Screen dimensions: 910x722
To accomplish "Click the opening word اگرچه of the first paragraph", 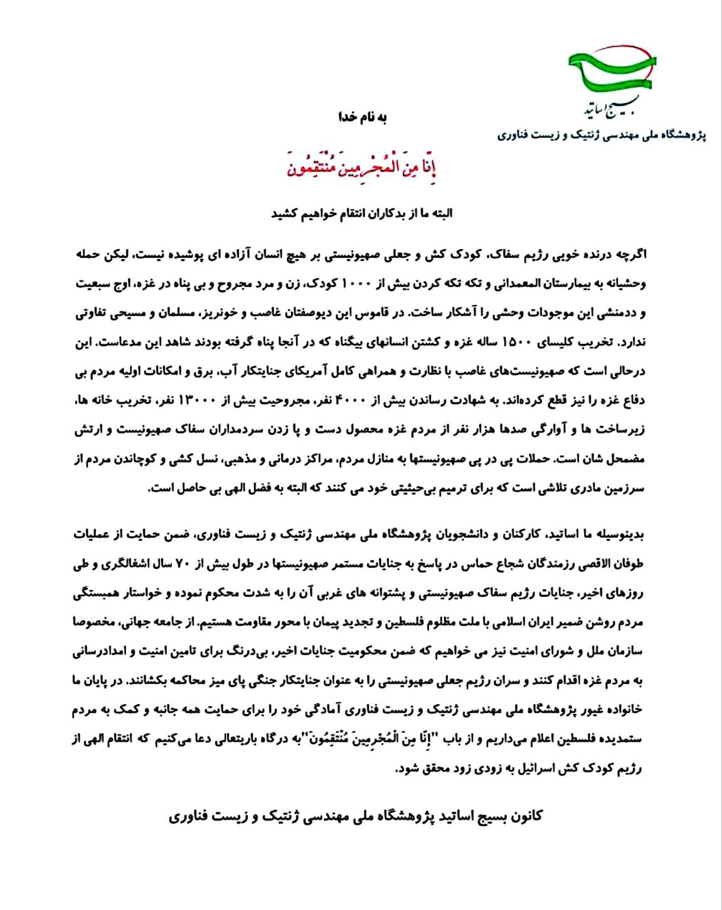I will (630, 254).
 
